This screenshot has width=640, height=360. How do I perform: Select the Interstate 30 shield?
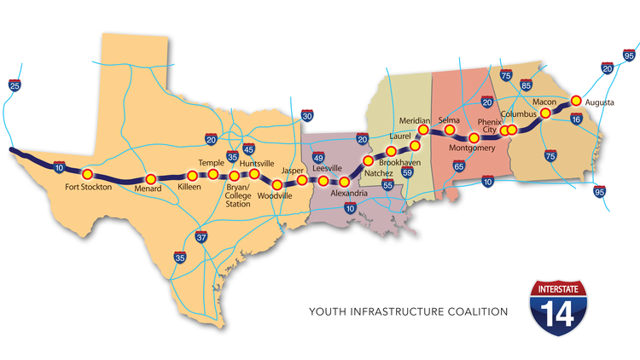[307, 115]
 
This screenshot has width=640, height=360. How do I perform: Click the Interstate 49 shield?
[318, 157]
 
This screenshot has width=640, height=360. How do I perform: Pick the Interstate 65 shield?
[458, 167]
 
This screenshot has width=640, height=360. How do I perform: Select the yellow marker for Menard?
[150, 178]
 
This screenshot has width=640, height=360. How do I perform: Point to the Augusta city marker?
[576, 100]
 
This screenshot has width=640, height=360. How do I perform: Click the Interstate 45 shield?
[248, 148]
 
